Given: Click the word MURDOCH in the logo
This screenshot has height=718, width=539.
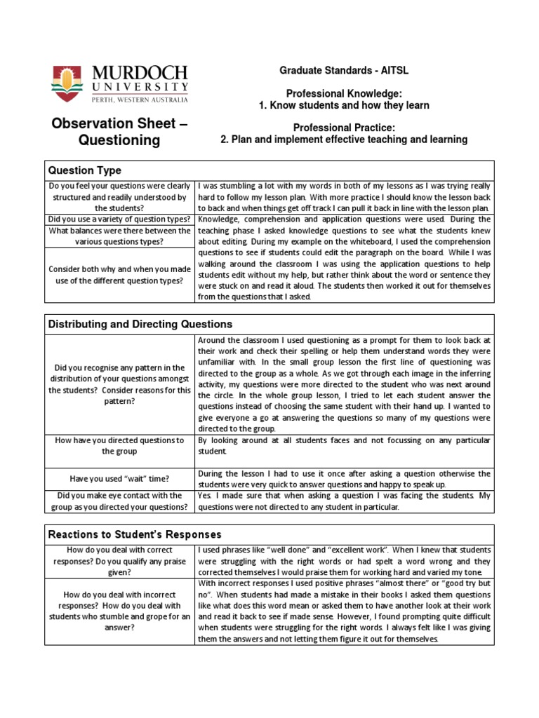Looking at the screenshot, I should click(x=140, y=73).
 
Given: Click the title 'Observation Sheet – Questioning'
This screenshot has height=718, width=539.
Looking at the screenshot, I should click(x=119, y=133).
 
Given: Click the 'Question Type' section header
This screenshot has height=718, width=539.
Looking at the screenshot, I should click(x=84, y=170).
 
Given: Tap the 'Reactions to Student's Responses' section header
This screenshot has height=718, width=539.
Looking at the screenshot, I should click(x=134, y=535).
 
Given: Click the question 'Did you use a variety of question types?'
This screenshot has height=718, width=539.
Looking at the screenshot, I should click(x=119, y=219).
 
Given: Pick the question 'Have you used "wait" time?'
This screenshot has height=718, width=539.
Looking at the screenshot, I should click(x=119, y=479).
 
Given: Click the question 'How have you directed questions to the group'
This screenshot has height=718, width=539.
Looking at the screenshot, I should click(x=119, y=446).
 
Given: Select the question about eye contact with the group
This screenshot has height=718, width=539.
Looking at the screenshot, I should click(x=119, y=501).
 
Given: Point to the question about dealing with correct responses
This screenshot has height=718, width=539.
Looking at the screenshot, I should click(x=119, y=561).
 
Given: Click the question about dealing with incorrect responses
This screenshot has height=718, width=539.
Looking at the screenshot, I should click(x=119, y=606).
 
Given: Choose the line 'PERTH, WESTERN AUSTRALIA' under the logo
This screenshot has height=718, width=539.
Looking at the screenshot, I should click(x=140, y=100).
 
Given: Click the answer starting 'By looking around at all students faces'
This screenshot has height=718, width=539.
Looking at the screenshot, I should click(x=344, y=446).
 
